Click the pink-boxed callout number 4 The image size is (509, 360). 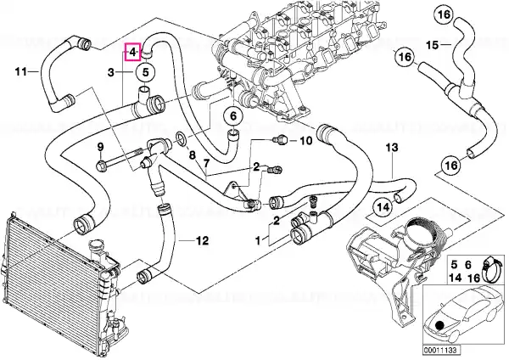[x=133, y=52]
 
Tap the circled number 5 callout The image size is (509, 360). [x=145, y=72]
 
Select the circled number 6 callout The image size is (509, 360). [x=234, y=115]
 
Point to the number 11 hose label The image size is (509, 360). [x=21, y=71]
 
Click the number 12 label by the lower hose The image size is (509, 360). [x=202, y=241]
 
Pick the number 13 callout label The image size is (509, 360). [x=392, y=148]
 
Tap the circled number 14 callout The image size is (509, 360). [x=383, y=207]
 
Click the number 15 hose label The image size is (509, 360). [x=432, y=45]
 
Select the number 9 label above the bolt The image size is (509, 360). [x=100, y=147]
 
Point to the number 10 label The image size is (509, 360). [x=305, y=140]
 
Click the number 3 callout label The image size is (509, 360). [x=111, y=72]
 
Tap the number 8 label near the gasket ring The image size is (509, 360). [x=193, y=155]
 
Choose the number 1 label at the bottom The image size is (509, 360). [x=258, y=241]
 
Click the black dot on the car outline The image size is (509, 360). [x=439, y=325]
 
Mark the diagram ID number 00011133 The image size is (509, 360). [x=441, y=351]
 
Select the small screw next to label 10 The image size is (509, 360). [x=278, y=140]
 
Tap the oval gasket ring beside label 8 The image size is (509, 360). [x=182, y=138]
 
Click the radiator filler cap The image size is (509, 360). [x=97, y=245]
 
